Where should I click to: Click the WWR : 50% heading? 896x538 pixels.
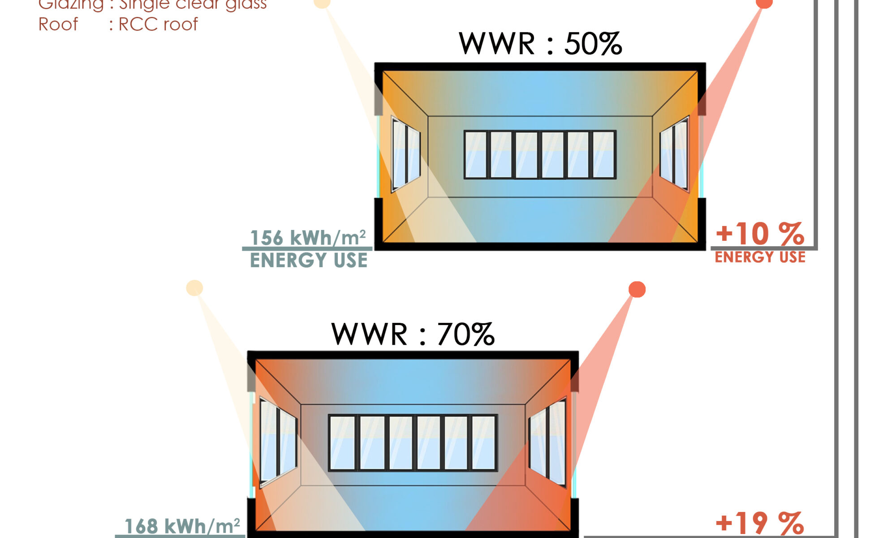(x=540, y=44)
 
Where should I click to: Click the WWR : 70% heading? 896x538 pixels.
(x=413, y=334)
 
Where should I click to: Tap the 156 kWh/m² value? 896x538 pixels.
(x=308, y=238)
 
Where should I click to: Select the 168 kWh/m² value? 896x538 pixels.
(x=182, y=526)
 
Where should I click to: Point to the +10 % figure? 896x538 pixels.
(x=760, y=234)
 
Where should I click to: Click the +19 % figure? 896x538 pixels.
(x=760, y=523)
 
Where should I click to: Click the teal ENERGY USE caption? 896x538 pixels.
(x=309, y=260)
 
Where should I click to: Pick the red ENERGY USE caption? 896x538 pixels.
(x=760, y=257)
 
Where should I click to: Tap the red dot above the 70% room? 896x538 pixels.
(x=637, y=290)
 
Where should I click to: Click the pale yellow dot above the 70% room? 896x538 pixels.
(x=194, y=288)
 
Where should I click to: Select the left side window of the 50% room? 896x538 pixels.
(x=406, y=154)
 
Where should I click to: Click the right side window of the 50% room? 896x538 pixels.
(x=674, y=153)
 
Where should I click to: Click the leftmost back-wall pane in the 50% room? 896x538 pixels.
(x=476, y=155)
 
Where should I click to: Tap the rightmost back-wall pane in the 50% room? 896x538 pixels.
(x=603, y=155)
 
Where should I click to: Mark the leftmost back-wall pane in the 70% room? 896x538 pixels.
(x=342, y=443)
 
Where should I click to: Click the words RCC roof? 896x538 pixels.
(x=158, y=24)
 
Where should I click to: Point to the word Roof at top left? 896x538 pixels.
(x=58, y=24)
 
